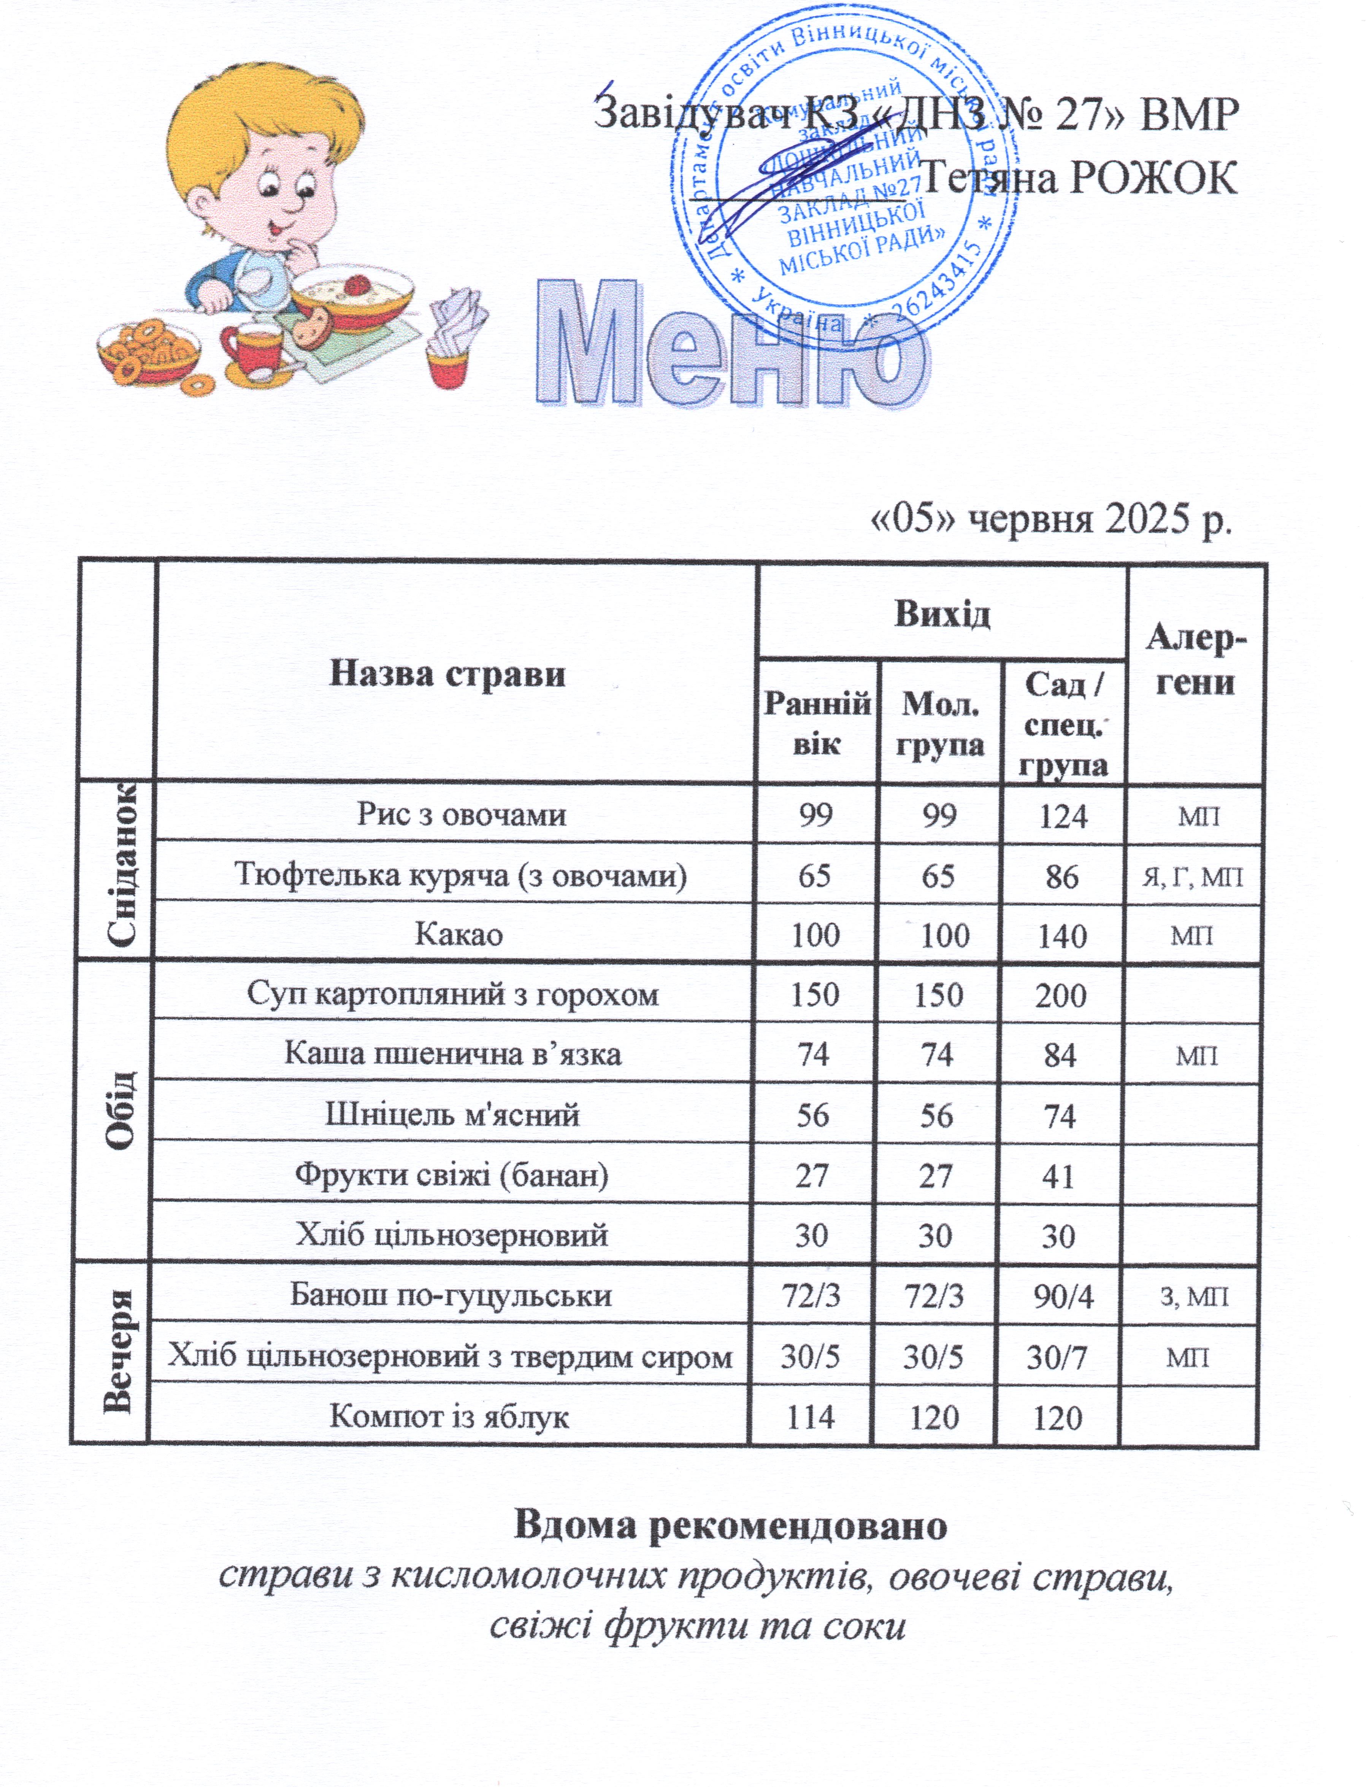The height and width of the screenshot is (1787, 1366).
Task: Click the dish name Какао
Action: [459, 935]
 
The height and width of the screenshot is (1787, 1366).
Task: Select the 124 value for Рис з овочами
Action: [1063, 815]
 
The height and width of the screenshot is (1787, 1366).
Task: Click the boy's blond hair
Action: [236, 122]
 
